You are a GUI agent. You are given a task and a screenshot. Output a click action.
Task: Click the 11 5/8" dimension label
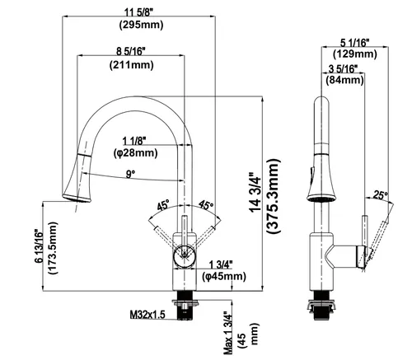pos(138,12)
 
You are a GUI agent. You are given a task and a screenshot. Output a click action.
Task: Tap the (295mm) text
pos(141,25)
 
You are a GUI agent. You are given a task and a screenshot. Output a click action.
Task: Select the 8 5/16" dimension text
pos(131,51)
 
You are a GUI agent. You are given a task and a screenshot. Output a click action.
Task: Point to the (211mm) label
pos(132,65)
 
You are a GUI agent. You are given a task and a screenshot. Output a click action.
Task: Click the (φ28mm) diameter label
pos(136,153)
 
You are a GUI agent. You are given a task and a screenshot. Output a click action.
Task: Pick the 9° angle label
pos(130,174)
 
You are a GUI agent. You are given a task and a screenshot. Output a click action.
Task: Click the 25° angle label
pos(381,195)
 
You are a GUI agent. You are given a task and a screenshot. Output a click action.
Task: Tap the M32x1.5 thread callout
pos(147,315)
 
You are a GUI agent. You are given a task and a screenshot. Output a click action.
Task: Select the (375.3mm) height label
pos(274,196)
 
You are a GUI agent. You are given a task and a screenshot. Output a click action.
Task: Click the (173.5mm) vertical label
pos(53,248)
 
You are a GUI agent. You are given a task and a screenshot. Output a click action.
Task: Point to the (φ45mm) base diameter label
pos(224,277)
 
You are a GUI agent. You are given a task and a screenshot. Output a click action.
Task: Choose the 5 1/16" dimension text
pos(355,43)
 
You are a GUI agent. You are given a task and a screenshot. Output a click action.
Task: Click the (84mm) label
pos(344,80)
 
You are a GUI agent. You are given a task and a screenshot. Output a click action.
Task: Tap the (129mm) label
pos(355,54)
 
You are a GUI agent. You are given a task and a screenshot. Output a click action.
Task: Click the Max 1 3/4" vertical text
pos(227,333)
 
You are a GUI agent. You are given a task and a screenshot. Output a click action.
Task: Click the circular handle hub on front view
pos(185,257)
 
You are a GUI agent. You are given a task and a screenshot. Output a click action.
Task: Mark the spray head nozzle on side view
pos(321,198)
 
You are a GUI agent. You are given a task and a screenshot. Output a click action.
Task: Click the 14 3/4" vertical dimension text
pos(255,192)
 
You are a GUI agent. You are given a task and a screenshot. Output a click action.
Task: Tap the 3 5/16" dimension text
pos(344,69)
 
